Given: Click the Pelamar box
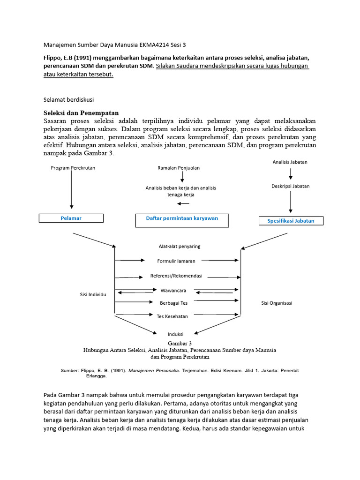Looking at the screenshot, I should (71, 218).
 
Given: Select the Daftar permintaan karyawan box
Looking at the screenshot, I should (182, 220).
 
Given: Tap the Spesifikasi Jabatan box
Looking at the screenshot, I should (291, 220).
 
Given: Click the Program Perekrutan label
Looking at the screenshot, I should (73, 168).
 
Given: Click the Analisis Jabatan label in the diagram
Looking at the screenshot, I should (290, 162).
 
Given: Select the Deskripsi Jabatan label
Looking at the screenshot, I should (290, 186).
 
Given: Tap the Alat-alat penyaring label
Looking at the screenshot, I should (180, 246).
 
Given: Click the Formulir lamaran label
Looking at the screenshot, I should (176, 261).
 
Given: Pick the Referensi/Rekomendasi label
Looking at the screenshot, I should (180, 276).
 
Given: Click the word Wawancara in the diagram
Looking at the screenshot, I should (173, 291).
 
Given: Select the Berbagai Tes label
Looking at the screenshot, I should (173, 303).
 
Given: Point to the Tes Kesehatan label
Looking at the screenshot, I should (172, 316).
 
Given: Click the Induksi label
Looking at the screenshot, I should (175, 334).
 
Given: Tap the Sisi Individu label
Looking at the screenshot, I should (93, 294).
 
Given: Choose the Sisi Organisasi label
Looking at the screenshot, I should (277, 303).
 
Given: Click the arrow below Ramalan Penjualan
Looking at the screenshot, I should (182, 177).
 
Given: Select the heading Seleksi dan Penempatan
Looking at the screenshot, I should (81, 113).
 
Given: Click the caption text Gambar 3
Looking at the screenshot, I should (180, 344).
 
